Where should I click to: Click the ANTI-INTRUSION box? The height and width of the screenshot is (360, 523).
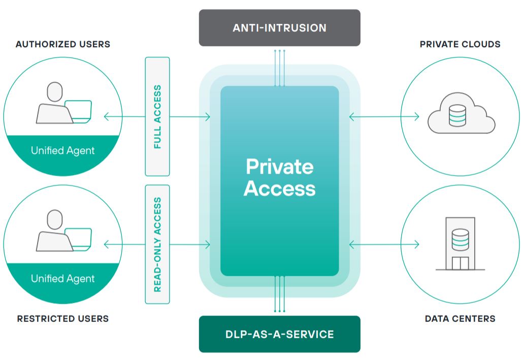[x=279, y=28]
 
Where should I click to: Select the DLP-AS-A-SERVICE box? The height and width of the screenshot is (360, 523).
[x=279, y=334]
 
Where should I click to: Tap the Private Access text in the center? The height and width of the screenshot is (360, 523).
[x=279, y=178]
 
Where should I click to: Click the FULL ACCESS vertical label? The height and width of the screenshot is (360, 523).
[x=157, y=116]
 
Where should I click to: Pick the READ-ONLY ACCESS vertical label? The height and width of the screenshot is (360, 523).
[x=157, y=244]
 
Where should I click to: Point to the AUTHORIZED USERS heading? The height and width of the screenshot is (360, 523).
[x=63, y=44]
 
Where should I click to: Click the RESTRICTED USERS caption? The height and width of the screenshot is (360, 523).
[x=63, y=319]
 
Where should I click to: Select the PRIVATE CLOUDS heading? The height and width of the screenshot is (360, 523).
[x=460, y=44]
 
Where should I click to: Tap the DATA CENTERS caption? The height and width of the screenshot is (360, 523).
[x=460, y=319]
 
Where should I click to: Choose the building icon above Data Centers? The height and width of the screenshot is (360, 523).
[x=460, y=244]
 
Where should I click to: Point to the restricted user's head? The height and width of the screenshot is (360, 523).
[x=55, y=219]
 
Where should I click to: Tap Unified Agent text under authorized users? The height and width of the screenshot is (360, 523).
[x=63, y=150]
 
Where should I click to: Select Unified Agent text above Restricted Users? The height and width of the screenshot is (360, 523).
[x=63, y=278]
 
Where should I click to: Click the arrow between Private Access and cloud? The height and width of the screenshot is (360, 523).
[x=384, y=117]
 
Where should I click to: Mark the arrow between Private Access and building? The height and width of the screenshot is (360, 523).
[x=384, y=245]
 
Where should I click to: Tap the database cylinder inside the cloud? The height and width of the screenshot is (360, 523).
[x=458, y=115]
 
